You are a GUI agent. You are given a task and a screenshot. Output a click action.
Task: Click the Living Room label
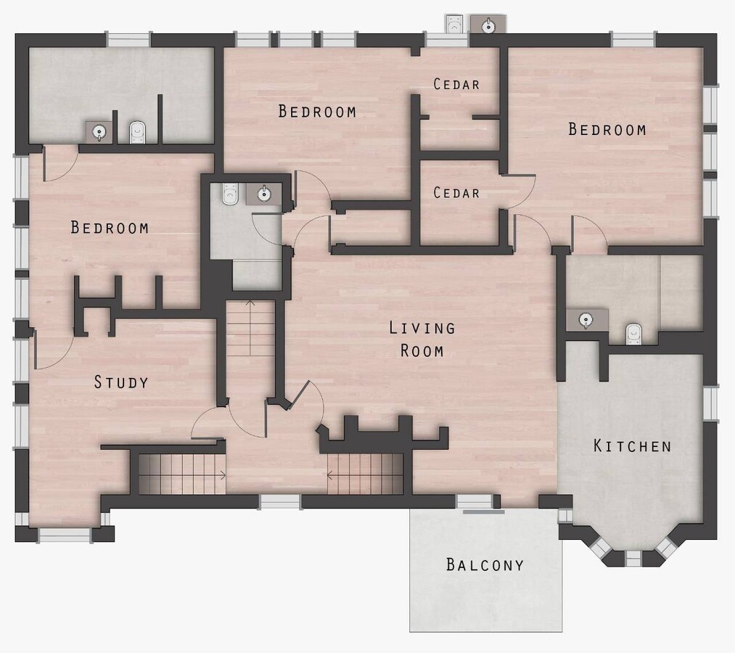pyautogui.click(x=422, y=339)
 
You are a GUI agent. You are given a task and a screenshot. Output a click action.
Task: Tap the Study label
pyautogui.click(x=121, y=382)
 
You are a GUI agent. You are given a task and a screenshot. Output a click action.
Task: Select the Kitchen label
pyautogui.click(x=633, y=445)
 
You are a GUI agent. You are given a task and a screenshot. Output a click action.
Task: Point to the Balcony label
pyautogui.click(x=485, y=564)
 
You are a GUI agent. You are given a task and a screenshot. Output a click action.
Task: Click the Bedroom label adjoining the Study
pyautogui.click(x=110, y=228)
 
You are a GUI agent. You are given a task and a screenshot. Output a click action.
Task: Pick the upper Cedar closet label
pyautogui.click(x=456, y=84)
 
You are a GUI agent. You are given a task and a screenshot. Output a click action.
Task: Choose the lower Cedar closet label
pyautogui.click(x=456, y=193)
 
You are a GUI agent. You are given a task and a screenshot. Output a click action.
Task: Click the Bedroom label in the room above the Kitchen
pyautogui.click(x=607, y=129)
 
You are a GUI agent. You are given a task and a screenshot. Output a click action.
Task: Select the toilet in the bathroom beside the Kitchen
pyautogui.click(x=633, y=334)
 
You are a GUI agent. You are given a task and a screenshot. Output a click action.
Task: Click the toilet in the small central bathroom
pyautogui.click(x=230, y=194)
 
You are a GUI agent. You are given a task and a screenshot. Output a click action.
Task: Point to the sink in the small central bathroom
pyautogui.click(x=264, y=194)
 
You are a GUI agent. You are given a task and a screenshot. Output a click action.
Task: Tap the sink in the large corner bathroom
pyautogui.click(x=99, y=132)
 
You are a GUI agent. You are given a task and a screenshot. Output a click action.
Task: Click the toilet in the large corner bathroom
pyautogui.click(x=137, y=133)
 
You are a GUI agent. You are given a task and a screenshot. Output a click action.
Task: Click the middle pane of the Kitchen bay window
pyautogui.click(x=633, y=558)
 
